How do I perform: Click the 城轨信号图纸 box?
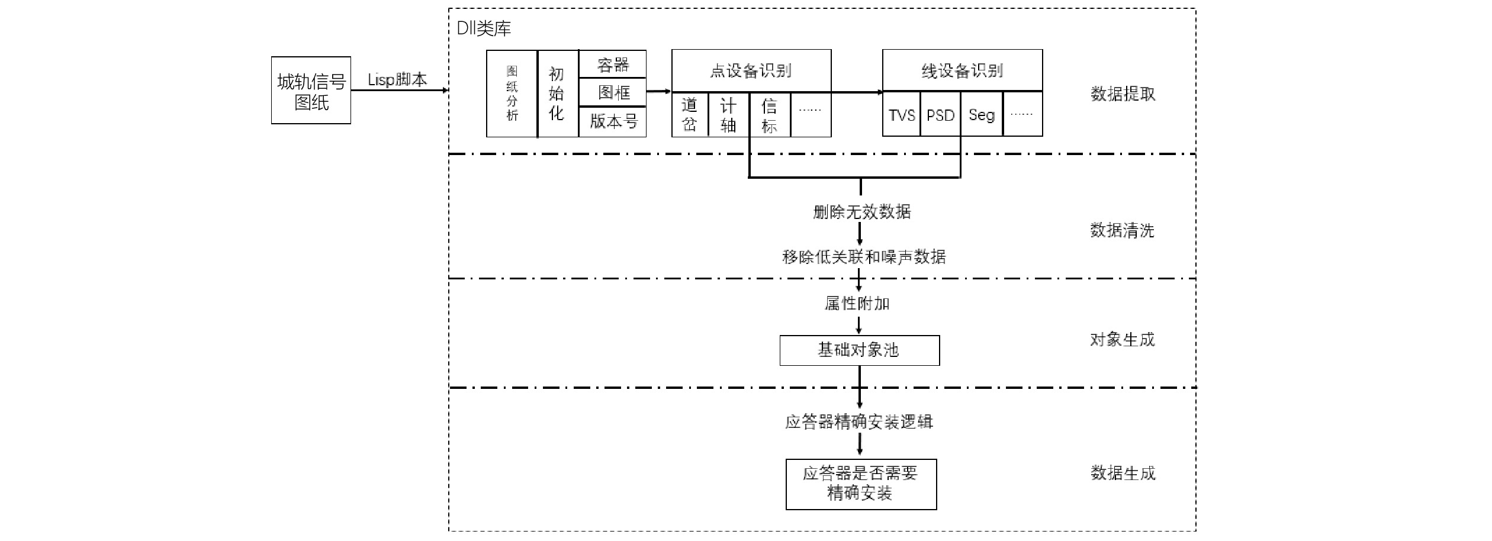[x=311, y=90]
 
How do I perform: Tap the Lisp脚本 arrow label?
[x=397, y=79]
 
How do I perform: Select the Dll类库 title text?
[x=484, y=28]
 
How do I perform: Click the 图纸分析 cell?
[x=512, y=94]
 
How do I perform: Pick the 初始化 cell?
[x=558, y=94]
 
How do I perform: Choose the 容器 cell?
[x=612, y=64]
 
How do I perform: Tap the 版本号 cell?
[x=612, y=122]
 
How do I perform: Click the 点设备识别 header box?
[x=751, y=70]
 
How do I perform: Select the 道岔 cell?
[x=690, y=115]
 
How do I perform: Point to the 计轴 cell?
[x=729, y=115]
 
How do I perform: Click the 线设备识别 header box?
[x=962, y=70]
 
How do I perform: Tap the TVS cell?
[x=901, y=114]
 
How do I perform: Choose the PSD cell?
[x=940, y=114]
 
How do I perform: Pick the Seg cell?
[x=982, y=114]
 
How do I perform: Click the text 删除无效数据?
[x=861, y=211]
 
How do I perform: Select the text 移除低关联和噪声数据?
[x=864, y=256]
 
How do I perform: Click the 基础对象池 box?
[x=859, y=350]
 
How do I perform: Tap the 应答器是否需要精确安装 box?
[x=861, y=484]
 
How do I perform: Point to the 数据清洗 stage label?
[x=1122, y=230]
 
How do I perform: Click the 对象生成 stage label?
[x=1122, y=339]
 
